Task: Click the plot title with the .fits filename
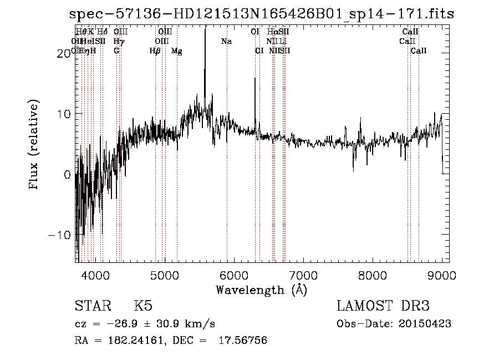click(262, 14)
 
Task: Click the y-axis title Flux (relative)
click(34, 145)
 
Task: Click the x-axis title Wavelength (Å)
click(261, 290)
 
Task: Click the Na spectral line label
click(226, 42)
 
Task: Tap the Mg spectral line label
click(177, 51)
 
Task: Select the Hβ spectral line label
click(155, 51)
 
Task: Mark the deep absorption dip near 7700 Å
click(354, 166)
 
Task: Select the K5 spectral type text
click(143, 306)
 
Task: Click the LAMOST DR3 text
click(383, 306)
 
